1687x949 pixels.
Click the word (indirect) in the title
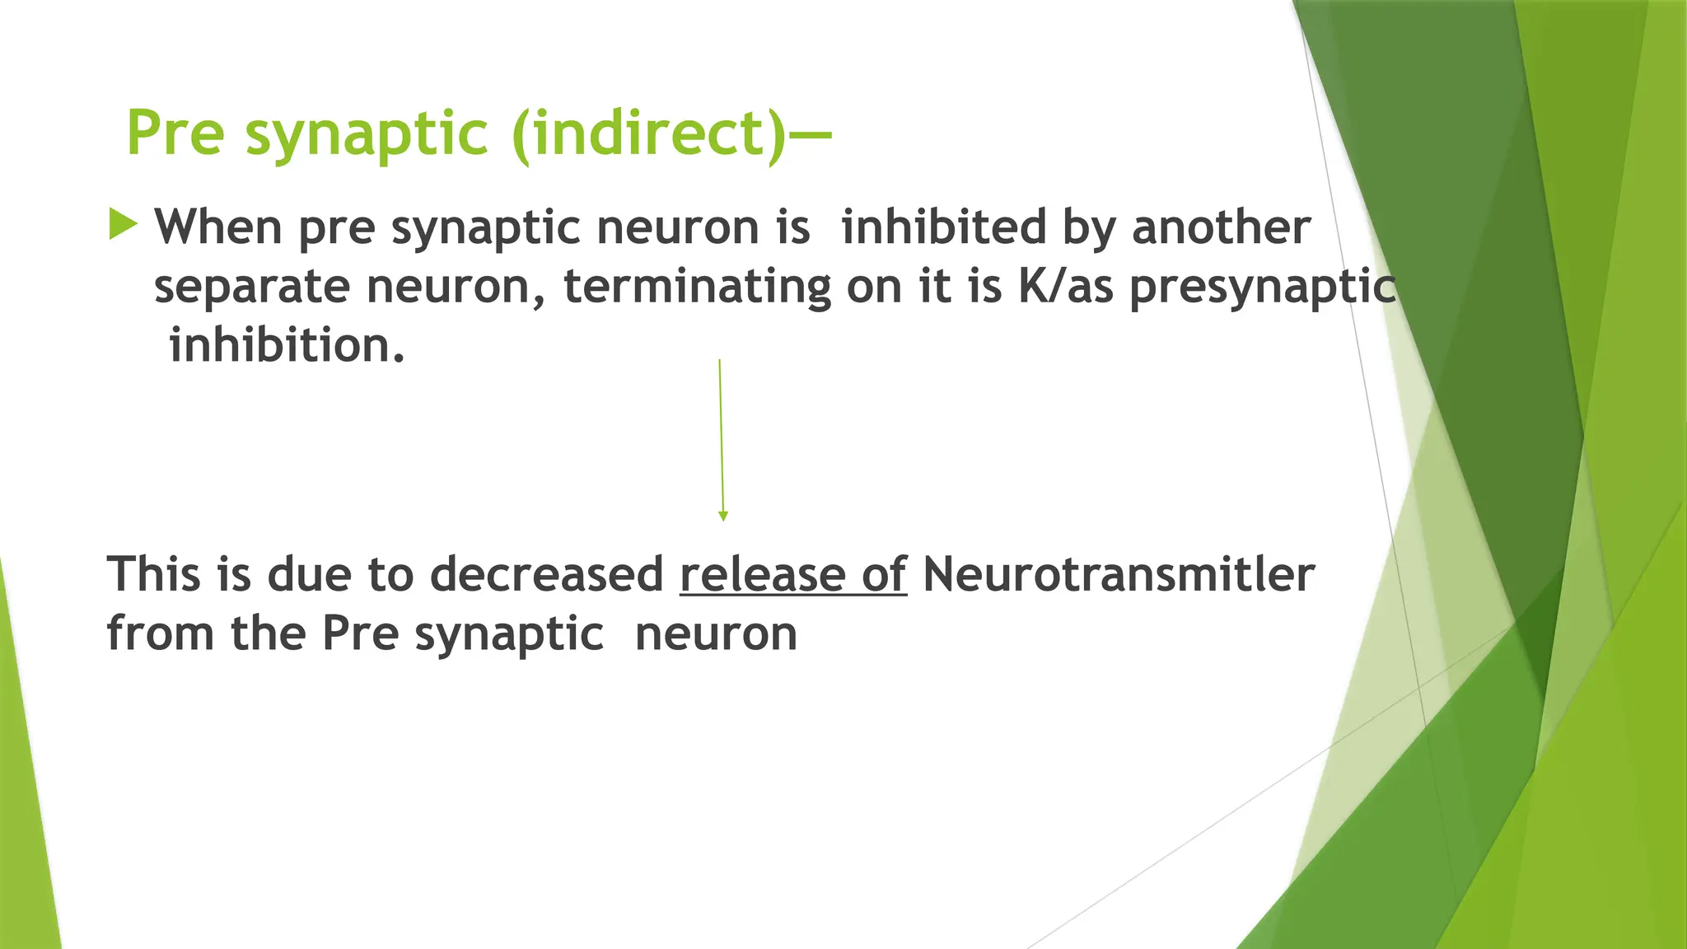click(x=649, y=133)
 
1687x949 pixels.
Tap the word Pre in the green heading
click(x=175, y=133)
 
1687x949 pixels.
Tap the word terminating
click(x=698, y=287)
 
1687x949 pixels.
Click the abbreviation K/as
click(x=1066, y=287)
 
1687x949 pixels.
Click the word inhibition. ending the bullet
click(x=287, y=345)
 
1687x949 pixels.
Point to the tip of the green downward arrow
click(x=723, y=519)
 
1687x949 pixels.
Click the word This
click(x=154, y=574)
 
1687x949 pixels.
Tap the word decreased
click(x=547, y=574)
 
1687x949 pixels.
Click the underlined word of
click(x=885, y=574)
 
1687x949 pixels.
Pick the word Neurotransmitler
click(x=1119, y=574)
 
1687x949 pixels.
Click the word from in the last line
click(x=161, y=633)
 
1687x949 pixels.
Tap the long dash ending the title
click(x=811, y=133)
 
